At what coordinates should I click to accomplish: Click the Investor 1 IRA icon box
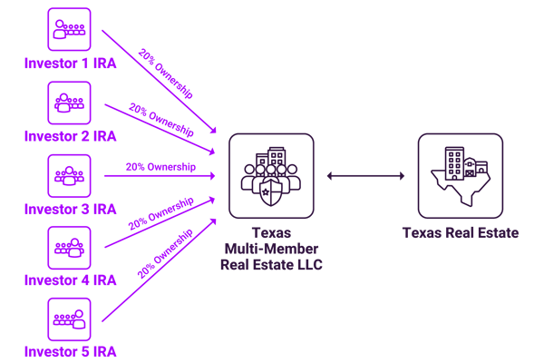(x=69, y=30)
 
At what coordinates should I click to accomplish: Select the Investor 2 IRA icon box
(x=69, y=103)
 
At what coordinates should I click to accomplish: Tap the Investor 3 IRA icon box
(x=69, y=175)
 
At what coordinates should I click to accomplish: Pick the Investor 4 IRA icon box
(x=69, y=247)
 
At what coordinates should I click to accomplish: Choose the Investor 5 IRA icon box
(x=69, y=319)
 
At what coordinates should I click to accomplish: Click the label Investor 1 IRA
(x=70, y=63)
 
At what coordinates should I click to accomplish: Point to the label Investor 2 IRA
(x=70, y=135)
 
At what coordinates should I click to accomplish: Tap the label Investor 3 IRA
(x=70, y=208)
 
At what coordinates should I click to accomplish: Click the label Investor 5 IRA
(x=70, y=352)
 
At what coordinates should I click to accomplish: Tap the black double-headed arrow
(x=365, y=175)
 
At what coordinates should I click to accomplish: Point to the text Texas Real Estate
(x=461, y=233)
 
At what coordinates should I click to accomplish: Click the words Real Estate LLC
(x=271, y=264)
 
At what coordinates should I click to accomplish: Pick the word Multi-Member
(x=271, y=249)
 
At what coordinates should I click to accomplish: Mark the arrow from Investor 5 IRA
(x=159, y=272)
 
